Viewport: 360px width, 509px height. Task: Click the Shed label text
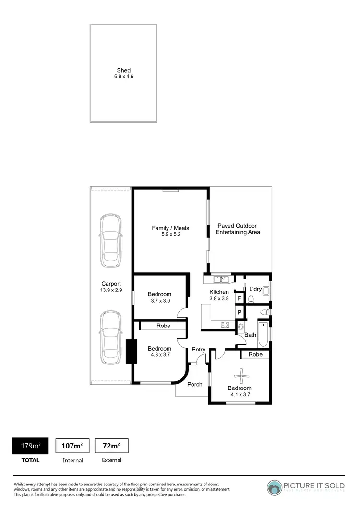pos(124,70)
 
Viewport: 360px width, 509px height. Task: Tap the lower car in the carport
pos(110,339)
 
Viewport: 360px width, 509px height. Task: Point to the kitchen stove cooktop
pos(225,326)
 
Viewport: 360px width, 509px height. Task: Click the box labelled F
pos(239,298)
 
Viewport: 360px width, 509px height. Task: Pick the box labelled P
pos(239,312)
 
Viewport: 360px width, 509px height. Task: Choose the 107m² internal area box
pos(73,446)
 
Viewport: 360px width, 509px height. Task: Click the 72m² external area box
pos(111,446)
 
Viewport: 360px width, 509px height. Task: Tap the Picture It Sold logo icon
pos(276,487)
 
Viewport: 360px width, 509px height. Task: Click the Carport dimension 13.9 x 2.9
pos(111,291)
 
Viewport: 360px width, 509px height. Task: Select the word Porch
pos(194,384)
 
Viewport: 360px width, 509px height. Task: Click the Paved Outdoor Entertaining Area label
pos(237,229)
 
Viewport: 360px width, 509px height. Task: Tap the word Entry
pos(199,350)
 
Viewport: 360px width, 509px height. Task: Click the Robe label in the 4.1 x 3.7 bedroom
pos(255,355)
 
